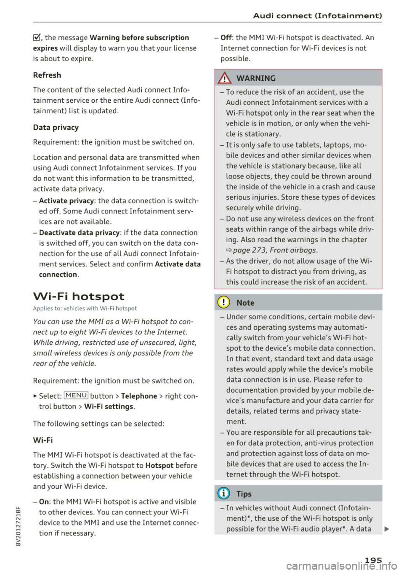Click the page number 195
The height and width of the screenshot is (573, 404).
coord(373,560)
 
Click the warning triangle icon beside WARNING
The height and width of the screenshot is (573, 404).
coord(225,78)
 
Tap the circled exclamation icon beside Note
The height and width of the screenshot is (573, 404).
coord(224,303)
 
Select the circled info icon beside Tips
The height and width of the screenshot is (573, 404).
coord(224,494)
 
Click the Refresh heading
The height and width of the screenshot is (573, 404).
coord(47,75)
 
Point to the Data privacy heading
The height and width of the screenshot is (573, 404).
coord(56,128)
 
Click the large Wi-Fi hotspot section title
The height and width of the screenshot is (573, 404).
coord(79,296)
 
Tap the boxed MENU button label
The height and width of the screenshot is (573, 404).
coord(76,396)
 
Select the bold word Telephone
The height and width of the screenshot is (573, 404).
coord(139,396)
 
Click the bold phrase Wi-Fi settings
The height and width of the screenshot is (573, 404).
coord(109,407)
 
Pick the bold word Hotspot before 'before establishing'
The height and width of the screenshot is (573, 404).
coord(159,466)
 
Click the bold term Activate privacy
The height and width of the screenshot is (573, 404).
coord(66,201)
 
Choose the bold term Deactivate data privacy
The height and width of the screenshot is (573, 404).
coord(79,232)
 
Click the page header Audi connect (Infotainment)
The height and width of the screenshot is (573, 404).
coord(317,16)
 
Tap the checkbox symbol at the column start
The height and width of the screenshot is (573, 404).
coord(37,38)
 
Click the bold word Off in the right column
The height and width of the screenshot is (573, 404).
coord(226,37)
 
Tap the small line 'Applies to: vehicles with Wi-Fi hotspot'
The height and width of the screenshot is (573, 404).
coord(85,309)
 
